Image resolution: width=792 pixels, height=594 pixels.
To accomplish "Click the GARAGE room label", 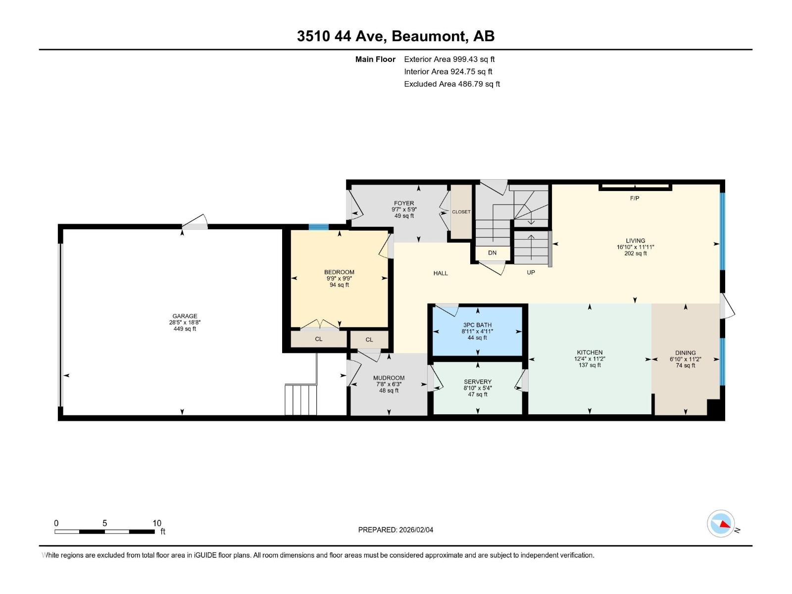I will point(185,316).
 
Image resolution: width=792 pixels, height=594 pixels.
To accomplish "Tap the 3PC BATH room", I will point(477,331).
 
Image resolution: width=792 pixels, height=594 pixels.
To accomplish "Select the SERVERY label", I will point(478,382).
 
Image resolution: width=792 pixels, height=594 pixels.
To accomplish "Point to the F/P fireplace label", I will point(635,198).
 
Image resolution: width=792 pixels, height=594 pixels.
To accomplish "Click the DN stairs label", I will point(492,253).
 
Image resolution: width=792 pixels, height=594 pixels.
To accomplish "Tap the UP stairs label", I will point(531,272).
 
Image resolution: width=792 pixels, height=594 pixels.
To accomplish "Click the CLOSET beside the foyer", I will point(461,212).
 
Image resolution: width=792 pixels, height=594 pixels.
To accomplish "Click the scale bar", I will point(104,532).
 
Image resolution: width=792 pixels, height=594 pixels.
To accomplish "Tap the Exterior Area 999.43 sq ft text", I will point(449,59).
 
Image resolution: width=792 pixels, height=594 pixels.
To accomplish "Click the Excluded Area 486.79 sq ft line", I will point(451,84).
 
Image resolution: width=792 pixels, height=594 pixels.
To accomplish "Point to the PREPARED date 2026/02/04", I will point(396,530).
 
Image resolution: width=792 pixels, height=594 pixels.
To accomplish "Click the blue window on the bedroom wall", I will point(318,227).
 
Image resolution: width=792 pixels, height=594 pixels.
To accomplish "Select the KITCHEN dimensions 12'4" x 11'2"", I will point(590,359).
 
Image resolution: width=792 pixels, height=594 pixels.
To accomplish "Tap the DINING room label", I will point(686,353).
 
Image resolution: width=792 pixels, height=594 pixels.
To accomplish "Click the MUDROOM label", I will point(389,378).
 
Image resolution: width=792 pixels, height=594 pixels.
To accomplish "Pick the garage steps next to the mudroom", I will point(300,399).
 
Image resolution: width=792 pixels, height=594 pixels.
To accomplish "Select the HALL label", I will point(441,273).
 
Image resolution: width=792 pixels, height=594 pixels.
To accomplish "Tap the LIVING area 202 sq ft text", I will point(635,253).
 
